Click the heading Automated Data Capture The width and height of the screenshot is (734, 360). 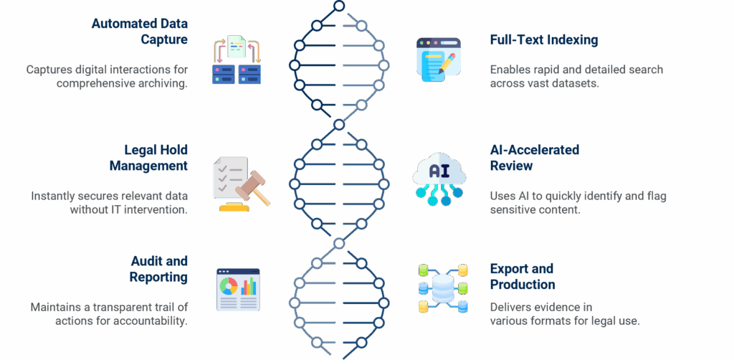(x=140, y=32)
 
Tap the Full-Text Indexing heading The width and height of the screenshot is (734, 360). (x=543, y=40)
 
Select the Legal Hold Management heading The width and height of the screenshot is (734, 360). (x=148, y=158)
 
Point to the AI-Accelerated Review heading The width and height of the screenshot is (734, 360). (x=535, y=158)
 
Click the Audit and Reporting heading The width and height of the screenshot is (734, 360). (x=158, y=269)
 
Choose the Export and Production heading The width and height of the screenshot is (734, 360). (x=522, y=276)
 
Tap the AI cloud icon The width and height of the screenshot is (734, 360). (x=439, y=176)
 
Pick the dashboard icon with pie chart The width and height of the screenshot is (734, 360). (x=238, y=290)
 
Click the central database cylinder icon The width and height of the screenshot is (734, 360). (x=442, y=288)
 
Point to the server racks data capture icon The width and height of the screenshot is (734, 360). (x=238, y=62)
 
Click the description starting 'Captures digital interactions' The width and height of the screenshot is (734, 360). (x=108, y=76)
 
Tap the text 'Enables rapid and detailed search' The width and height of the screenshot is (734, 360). (x=576, y=76)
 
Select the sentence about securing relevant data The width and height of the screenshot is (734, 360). (x=109, y=202)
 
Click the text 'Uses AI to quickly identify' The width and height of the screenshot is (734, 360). (x=578, y=202)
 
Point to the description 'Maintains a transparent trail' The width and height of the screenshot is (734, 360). (x=109, y=313)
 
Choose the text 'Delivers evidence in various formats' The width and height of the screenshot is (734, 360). (x=564, y=313)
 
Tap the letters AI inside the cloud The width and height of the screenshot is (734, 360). (x=439, y=171)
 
